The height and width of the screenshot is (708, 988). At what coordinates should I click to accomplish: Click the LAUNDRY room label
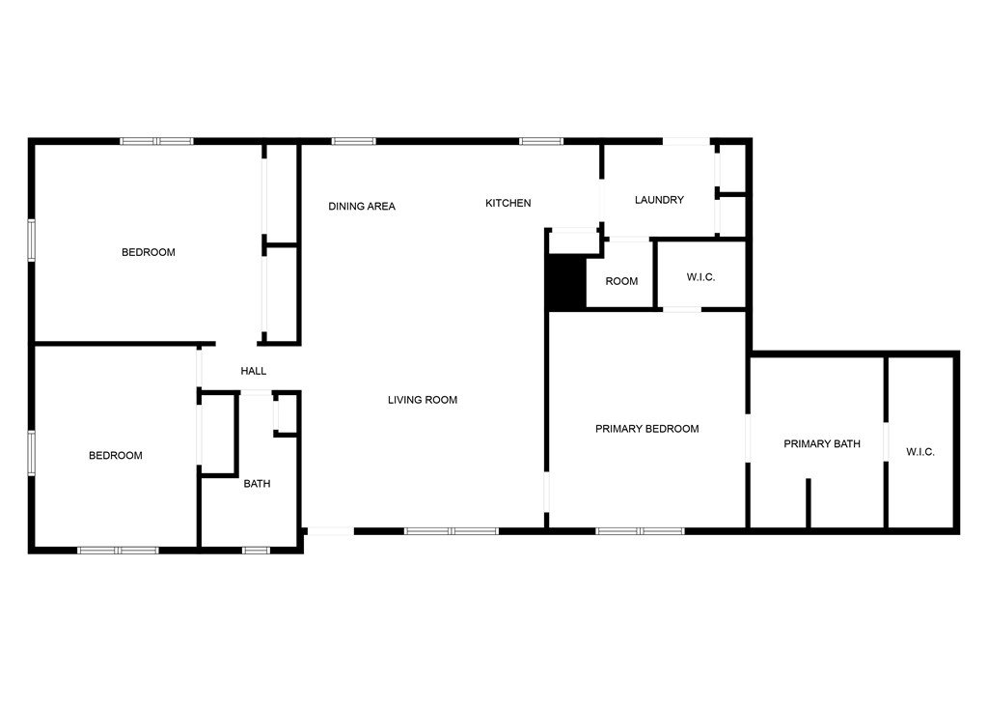659,200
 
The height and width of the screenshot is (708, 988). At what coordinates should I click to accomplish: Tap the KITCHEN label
508,203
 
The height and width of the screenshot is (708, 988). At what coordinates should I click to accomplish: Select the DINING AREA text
362,207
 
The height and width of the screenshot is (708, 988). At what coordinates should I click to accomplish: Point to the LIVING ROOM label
423,400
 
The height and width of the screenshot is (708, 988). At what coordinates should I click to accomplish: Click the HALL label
254,371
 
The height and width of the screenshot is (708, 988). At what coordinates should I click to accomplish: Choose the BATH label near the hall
257,484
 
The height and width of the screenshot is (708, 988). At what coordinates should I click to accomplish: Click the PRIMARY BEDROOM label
647,429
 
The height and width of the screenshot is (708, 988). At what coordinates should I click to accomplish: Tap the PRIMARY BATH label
822,444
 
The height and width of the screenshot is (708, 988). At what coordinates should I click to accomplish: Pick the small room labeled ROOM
621,281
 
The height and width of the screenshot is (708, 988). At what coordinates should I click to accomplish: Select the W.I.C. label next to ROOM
700,277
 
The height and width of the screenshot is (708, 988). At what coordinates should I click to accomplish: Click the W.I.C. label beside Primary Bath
919,452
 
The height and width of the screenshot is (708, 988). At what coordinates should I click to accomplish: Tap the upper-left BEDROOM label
148,252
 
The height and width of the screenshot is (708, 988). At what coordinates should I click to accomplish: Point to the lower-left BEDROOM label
116,456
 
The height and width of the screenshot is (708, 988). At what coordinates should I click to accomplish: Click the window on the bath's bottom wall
256,551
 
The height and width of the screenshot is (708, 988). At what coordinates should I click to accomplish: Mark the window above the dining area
353,141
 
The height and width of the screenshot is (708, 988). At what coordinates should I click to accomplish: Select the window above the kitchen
541,141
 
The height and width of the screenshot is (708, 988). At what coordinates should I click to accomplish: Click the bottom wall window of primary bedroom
641,531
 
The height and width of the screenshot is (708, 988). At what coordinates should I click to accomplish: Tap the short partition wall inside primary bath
808,503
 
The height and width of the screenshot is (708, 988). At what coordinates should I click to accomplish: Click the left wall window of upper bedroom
31,240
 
